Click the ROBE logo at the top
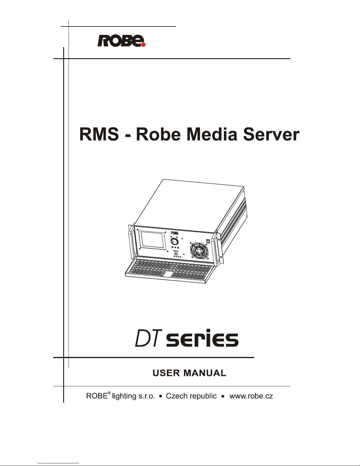point(121,41)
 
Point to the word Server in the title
point(272,135)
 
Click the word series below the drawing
point(202,340)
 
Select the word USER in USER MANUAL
point(167,373)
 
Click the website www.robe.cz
point(251,396)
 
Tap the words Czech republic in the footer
point(191,396)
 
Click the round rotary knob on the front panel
point(174,242)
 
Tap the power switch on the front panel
point(208,241)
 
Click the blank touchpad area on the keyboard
point(168,274)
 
